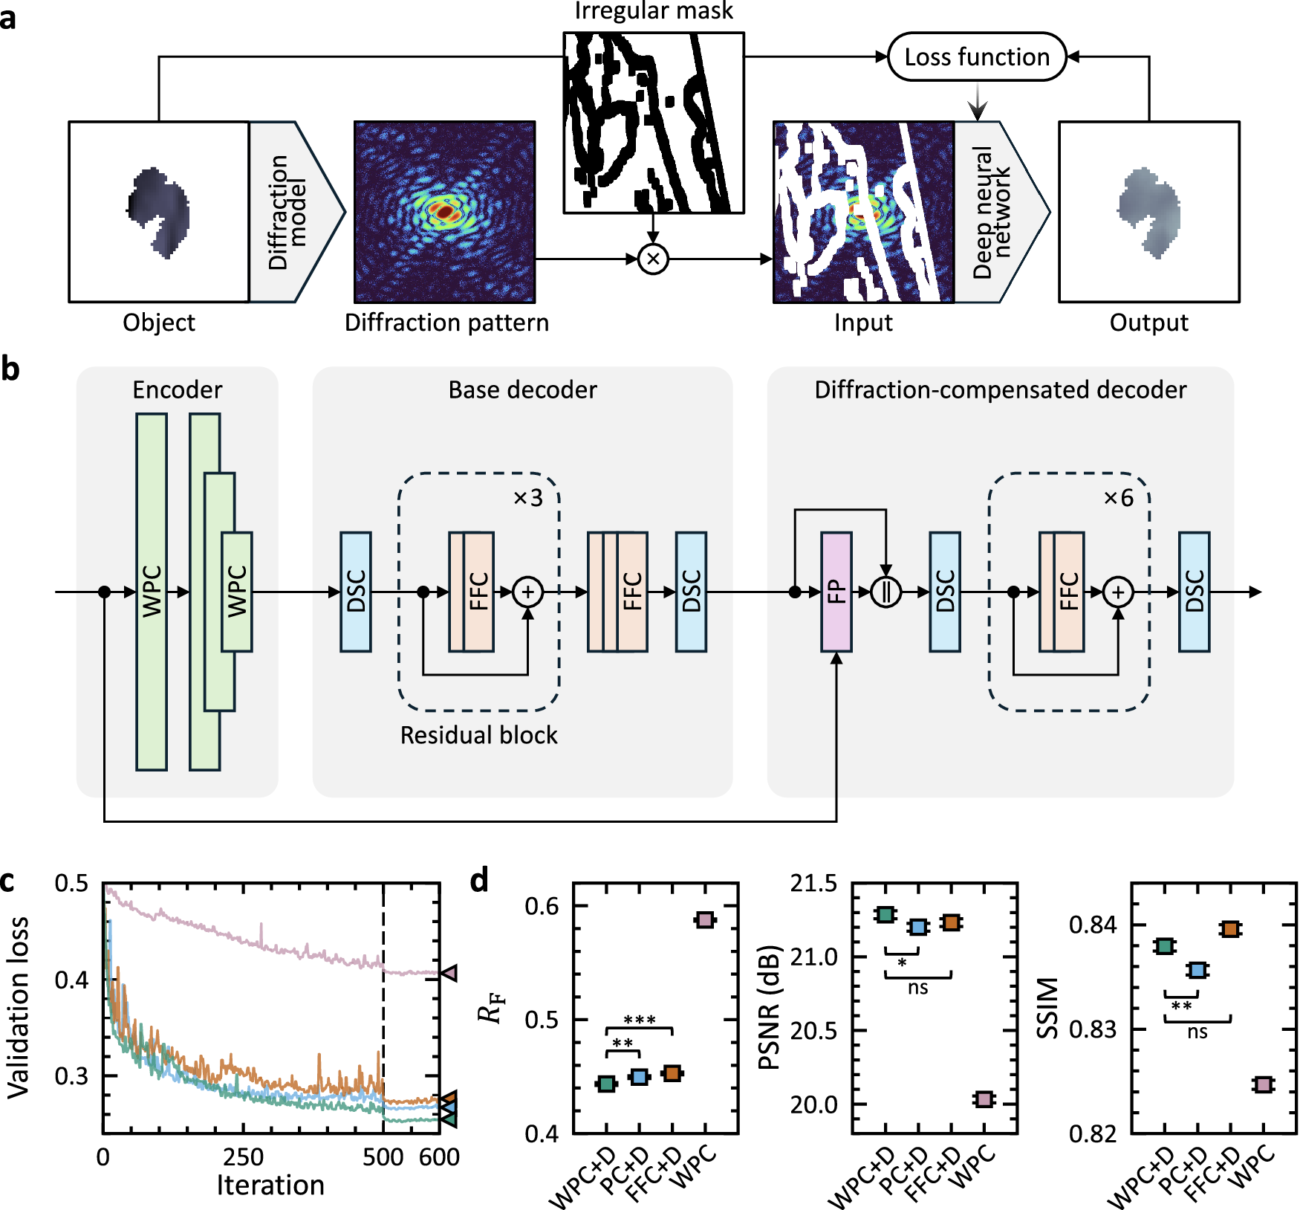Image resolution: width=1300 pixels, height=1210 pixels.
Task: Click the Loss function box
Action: click(977, 57)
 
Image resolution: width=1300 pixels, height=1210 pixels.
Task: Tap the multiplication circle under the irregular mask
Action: click(653, 259)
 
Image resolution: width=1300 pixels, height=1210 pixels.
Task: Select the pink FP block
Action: click(836, 592)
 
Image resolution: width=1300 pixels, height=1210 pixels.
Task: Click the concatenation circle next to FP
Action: click(885, 592)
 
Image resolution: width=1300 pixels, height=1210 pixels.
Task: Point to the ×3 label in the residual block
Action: click(528, 497)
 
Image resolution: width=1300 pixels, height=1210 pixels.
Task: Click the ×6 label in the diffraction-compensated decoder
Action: click(1119, 497)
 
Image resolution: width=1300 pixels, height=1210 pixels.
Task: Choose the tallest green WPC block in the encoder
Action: click(152, 592)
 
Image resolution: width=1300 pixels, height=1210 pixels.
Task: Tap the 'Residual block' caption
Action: click(478, 735)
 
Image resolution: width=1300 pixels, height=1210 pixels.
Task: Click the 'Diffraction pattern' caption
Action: click(446, 323)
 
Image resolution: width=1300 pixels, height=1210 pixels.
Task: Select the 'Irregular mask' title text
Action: click(654, 11)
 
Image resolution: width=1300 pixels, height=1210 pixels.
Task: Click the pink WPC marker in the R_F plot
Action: click(704, 920)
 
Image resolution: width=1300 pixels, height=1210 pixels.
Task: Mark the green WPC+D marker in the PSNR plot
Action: click(885, 914)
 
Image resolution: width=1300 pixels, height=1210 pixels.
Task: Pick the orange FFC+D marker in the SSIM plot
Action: click(1230, 929)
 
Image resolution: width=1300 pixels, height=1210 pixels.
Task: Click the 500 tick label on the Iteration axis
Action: click(383, 1157)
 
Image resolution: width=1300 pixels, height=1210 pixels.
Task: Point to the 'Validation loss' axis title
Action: click(18, 1007)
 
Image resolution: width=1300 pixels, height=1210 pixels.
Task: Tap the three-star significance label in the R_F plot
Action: click(640, 1020)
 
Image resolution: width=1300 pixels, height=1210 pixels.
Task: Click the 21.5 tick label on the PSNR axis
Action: click(813, 884)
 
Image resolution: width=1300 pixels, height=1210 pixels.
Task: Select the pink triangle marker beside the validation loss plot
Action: click(449, 972)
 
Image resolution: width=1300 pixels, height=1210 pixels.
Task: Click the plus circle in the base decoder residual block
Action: click(528, 592)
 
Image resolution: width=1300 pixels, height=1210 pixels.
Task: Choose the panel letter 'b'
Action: click(10, 369)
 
